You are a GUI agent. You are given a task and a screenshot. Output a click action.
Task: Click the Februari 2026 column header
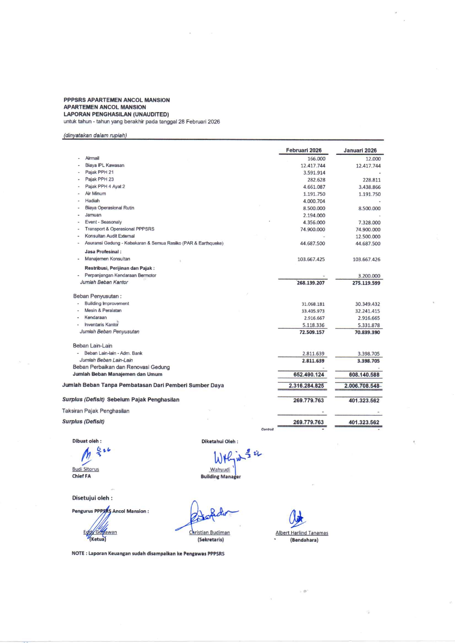(x=303, y=150)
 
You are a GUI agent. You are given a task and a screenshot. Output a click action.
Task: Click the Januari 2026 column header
(x=360, y=150)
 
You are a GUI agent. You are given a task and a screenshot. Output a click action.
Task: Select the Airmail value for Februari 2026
(x=316, y=159)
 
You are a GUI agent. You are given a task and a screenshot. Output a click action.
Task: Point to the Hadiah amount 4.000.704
(x=314, y=201)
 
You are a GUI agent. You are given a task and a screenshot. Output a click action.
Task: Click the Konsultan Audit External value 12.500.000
(x=368, y=237)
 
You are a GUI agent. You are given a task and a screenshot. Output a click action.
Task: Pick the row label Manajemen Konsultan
(x=107, y=259)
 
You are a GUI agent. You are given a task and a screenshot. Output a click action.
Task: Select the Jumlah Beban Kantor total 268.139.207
(x=310, y=283)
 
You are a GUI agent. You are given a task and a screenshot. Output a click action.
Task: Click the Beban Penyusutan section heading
(x=97, y=296)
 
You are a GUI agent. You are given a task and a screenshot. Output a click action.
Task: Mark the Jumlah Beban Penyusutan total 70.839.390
(x=367, y=332)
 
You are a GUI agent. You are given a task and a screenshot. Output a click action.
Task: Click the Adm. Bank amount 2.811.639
(x=313, y=354)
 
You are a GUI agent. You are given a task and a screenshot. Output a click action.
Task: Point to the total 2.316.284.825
(x=306, y=386)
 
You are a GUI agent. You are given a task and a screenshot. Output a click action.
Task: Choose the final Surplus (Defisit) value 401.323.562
(x=364, y=422)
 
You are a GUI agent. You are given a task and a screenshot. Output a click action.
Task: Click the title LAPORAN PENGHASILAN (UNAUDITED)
(x=116, y=114)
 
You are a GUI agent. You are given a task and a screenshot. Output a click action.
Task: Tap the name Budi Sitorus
(x=85, y=469)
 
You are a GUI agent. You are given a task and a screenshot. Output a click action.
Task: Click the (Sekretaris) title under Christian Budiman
(x=211, y=540)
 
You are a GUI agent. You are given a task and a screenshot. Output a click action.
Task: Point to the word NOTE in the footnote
(x=78, y=554)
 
